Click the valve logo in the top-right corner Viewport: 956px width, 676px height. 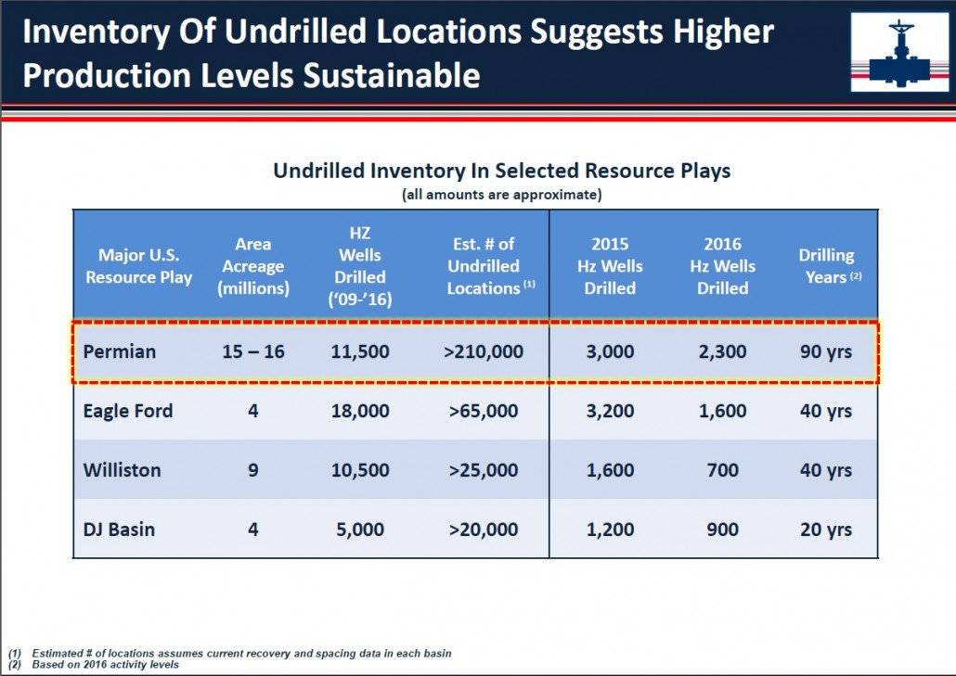899,52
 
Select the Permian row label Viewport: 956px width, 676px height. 120,351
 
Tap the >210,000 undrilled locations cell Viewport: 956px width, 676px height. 484,351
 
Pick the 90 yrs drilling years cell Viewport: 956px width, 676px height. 826,351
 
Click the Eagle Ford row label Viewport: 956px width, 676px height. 128,411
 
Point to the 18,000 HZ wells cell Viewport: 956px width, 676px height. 360,411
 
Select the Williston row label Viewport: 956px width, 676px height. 122,470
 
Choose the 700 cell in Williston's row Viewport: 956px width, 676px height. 722,470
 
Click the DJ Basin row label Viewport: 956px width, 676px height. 119,529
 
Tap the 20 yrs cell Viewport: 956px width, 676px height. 826,529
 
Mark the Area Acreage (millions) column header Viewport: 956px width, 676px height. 253,266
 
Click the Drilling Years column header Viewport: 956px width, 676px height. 830,266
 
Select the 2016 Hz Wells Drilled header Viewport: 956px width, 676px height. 722,266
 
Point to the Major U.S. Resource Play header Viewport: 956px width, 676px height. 139,266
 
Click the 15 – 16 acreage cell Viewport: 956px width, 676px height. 253,351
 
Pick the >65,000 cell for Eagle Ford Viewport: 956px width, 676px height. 484,411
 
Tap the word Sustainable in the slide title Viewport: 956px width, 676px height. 392,75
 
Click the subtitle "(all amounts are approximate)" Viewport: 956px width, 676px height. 502,195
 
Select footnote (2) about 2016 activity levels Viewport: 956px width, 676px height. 94,665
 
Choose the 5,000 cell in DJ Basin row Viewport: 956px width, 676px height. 360,529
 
